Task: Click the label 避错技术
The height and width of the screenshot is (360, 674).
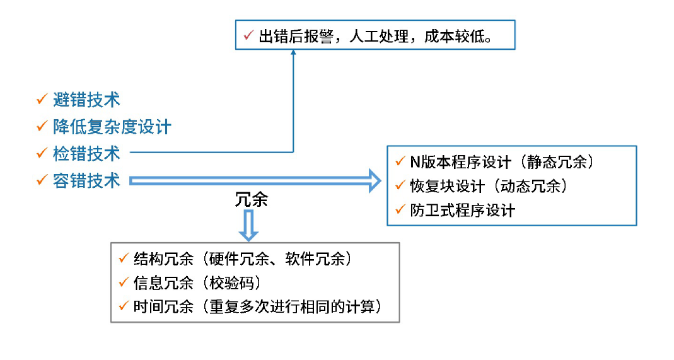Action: [x=86, y=100]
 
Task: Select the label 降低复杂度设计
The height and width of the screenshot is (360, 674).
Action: [x=112, y=127]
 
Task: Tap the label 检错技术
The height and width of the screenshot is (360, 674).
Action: [x=86, y=153]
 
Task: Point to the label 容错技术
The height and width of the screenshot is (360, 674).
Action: [x=86, y=181]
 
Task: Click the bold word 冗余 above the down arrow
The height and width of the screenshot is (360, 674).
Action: [x=251, y=199]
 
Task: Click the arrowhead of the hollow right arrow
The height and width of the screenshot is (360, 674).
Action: [x=373, y=182]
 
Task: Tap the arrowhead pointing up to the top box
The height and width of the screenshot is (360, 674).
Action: [x=293, y=54]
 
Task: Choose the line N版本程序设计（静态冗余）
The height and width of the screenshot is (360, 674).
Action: [x=502, y=162]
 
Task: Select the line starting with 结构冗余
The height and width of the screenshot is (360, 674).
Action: [x=242, y=258]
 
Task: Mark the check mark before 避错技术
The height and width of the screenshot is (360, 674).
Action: [x=42, y=99]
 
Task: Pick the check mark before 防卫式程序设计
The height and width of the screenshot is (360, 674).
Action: [x=399, y=209]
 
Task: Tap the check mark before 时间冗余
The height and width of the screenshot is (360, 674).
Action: [x=123, y=306]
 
